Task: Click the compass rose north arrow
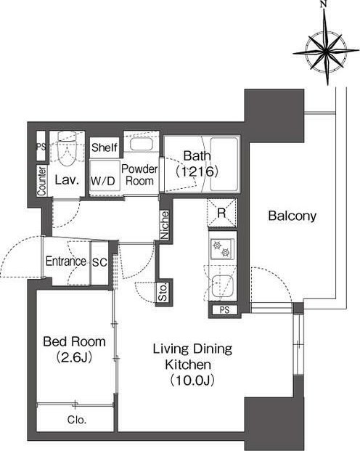(x=327, y=43)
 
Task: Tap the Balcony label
(x=292, y=216)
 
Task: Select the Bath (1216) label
(x=197, y=163)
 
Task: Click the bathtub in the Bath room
(x=224, y=164)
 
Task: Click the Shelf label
(x=105, y=147)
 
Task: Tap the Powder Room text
(x=139, y=175)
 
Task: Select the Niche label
(x=165, y=225)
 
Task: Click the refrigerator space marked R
(x=222, y=212)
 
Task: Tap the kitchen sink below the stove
(x=222, y=286)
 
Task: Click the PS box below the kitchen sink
(x=225, y=310)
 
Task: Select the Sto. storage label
(x=163, y=293)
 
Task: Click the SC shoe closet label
(x=99, y=262)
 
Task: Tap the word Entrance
(x=66, y=261)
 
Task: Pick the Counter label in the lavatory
(x=42, y=181)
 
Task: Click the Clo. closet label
(x=77, y=420)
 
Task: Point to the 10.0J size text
(x=192, y=381)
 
